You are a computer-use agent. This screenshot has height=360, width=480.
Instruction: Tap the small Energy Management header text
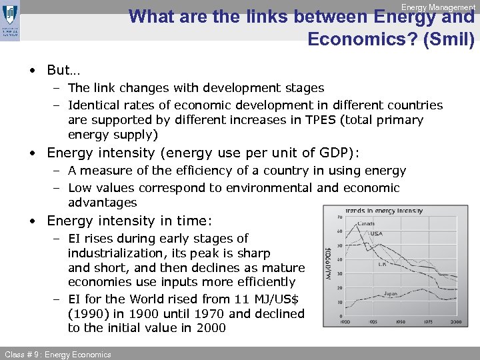click(x=438, y=7)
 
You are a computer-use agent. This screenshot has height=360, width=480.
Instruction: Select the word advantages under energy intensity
click(x=102, y=202)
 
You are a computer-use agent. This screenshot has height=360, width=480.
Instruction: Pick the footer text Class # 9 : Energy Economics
click(x=57, y=354)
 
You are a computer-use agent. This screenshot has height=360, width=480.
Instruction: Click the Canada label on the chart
click(x=366, y=223)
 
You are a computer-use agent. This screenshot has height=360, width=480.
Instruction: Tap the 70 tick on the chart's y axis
click(x=340, y=217)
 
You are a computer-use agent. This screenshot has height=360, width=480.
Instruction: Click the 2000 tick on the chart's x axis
click(x=455, y=322)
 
